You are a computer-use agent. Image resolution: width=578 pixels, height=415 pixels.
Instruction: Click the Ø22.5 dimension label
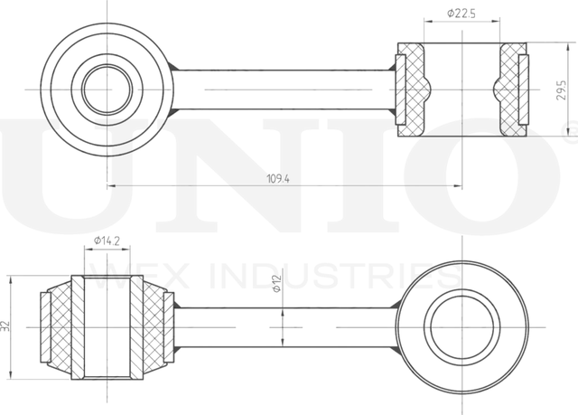point(461,14)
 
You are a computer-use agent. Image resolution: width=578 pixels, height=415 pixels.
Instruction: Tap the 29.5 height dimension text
point(562,90)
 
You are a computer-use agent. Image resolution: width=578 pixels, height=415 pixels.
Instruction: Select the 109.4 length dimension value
point(278,179)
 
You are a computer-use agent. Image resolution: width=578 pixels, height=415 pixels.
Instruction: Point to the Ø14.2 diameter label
point(107,241)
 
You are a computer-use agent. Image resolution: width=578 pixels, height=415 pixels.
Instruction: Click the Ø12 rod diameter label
point(277,284)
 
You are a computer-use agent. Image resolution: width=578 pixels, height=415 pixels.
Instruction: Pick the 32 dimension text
point(5,326)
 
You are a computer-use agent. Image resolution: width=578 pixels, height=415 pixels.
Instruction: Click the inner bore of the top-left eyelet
point(107,90)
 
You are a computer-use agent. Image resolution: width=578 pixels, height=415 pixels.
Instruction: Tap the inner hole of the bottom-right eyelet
point(461,327)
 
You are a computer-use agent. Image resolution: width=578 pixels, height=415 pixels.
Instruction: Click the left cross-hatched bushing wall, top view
point(413,90)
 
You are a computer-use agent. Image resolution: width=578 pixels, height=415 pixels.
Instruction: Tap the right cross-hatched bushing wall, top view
point(511,90)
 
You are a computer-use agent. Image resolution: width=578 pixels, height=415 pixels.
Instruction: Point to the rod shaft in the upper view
point(284,90)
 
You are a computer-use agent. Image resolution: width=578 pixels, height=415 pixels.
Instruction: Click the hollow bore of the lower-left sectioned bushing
point(107,327)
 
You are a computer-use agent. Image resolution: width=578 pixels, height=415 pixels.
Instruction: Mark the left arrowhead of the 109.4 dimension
point(110,186)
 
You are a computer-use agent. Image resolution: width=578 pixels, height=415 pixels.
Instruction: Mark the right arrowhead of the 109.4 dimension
point(458,186)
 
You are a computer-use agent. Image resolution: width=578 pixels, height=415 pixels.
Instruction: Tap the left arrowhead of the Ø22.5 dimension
point(427,22)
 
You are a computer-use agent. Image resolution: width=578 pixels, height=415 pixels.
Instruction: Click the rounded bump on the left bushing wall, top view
point(427,90)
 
